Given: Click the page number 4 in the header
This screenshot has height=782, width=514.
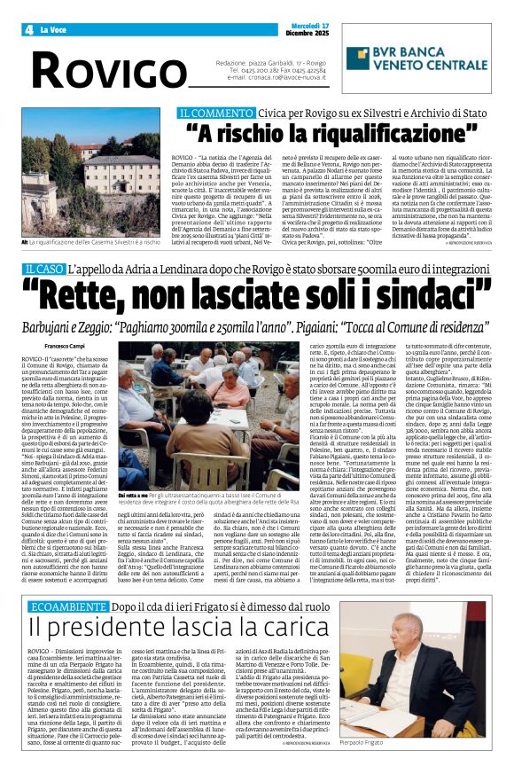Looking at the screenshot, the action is point(29,29).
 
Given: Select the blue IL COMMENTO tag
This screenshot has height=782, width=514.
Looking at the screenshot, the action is point(210,113).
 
